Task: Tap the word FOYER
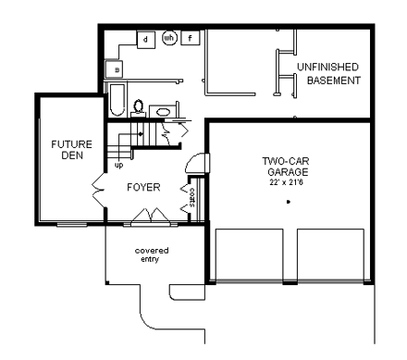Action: (143, 188)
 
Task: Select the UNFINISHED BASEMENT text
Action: (330, 73)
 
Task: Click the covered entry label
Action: (150, 254)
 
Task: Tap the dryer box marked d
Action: (146, 39)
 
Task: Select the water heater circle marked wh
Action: (169, 38)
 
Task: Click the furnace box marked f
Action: (191, 38)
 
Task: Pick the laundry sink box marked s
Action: (116, 68)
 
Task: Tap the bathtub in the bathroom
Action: (117, 100)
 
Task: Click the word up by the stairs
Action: (118, 167)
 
